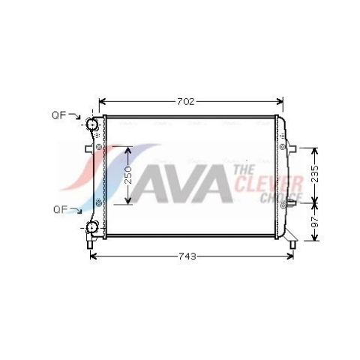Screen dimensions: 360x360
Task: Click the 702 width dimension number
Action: tap(186, 102)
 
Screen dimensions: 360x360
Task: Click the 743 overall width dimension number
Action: tap(187, 256)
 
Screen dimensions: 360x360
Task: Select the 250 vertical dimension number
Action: tap(128, 175)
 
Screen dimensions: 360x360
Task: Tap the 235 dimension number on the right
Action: tap(315, 174)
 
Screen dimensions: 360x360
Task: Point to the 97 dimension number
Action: tap(315, 221)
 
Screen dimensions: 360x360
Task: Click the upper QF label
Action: tap(59, 115)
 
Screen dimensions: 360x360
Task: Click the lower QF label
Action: tap(61, 209)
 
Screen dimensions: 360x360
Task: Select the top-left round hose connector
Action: tap(91, 124)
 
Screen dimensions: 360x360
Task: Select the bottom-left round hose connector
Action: tap(91, 227)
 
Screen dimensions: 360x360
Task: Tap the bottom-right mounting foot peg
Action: tap(292, 245)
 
